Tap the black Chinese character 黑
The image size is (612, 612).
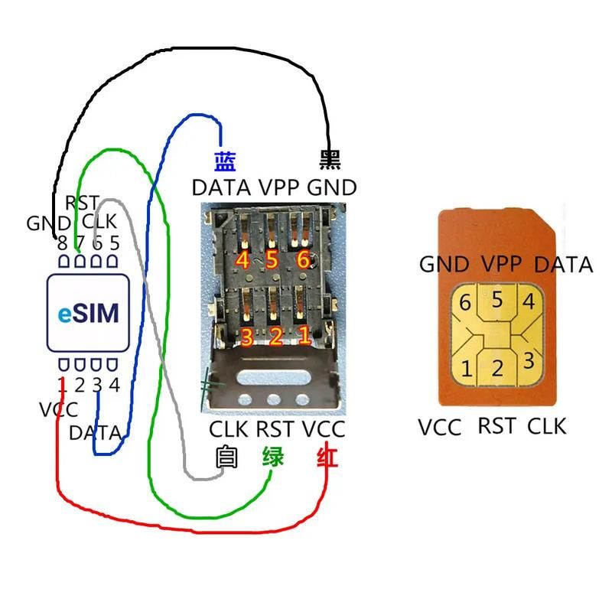(329, 160)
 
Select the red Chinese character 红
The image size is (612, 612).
(327, 457)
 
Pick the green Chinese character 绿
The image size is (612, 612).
(273, 457)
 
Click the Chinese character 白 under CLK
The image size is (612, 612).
(225, 457)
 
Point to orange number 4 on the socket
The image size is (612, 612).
(243, 260)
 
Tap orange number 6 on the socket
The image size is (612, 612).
(303, 260)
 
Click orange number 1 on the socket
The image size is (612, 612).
(304, 335)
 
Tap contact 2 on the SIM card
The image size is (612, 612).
(497, 368)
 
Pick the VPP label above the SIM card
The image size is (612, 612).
(501, 264)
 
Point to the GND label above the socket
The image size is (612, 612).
(331, 187)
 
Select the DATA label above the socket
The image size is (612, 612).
(221, 187)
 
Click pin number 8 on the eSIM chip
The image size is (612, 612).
(62, 243)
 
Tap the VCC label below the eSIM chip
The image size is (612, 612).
(58, 410)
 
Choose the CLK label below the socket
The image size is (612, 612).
(229, 429)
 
